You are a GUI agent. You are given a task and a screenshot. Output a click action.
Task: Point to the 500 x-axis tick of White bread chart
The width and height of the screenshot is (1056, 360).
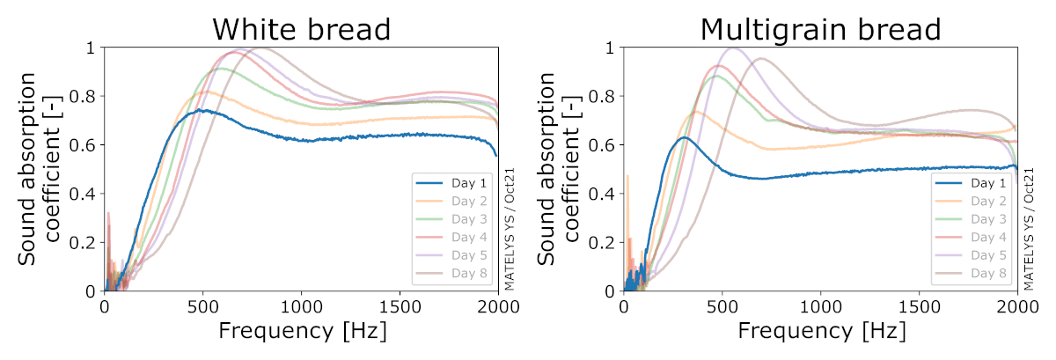pyautogui.click(x=203, y=305)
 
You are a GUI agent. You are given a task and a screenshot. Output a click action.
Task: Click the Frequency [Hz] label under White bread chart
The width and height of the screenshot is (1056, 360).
pyautogui.click(x=302, y=333)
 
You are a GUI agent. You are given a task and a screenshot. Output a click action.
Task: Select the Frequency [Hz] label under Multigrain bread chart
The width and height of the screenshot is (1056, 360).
pyautogui.click(x=821, y=333)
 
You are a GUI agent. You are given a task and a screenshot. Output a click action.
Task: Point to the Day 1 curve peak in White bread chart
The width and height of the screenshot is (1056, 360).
pyautogui.click(x=203, y=110)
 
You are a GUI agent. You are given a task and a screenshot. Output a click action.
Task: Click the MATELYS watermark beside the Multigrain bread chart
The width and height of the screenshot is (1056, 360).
pyautogui.click(x=1029, y=231)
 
